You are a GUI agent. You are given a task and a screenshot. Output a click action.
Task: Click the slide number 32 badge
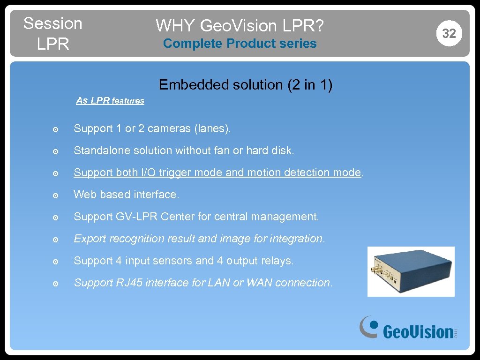pyautogui.click(x=449, y=33)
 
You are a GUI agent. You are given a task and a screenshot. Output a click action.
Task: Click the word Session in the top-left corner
pyautogui.click(x=52, y=23)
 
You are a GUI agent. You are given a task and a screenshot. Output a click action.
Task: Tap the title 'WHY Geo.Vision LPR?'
pyautogui.click(x=240, y=25)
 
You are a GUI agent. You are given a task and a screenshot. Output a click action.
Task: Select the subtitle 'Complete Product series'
pyautogui.click(x=240, y=44)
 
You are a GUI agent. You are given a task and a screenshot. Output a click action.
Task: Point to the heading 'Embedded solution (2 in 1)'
pyautogui.click(x=246, y=85)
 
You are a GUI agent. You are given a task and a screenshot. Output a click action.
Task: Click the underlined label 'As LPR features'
pyautogui.click(x=110, y=100)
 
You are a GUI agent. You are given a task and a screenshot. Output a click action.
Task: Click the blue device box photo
pyautogui.click(x=411, y=271)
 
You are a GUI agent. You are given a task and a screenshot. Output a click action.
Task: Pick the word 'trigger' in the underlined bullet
pyautogui.click(x=175, y=173)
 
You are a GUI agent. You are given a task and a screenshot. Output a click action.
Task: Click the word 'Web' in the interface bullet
pyautogui.click(x=84, y=195)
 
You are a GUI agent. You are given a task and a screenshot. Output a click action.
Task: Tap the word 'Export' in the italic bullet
pyautogui.click(x=90, y=239)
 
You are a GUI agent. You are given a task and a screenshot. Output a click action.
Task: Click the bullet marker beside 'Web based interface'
pyautogui.click(x=55, y=195)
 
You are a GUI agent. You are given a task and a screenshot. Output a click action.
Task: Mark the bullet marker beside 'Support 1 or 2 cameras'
pyautogui.click(x=55, y=129)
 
